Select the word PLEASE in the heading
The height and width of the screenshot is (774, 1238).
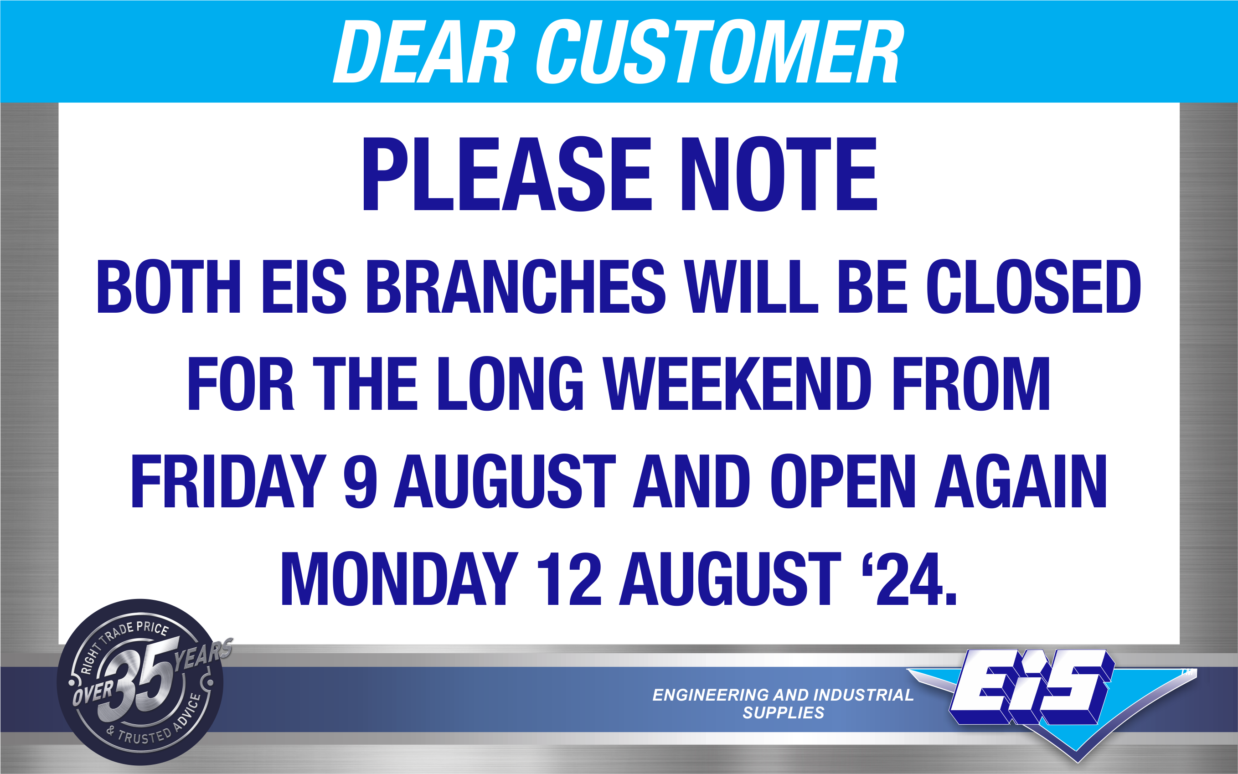507,174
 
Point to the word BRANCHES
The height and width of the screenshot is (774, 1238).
516,287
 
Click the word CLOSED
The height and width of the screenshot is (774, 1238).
1034,287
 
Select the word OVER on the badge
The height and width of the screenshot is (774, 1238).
93,692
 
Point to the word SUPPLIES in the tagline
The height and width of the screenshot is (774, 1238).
784,712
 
